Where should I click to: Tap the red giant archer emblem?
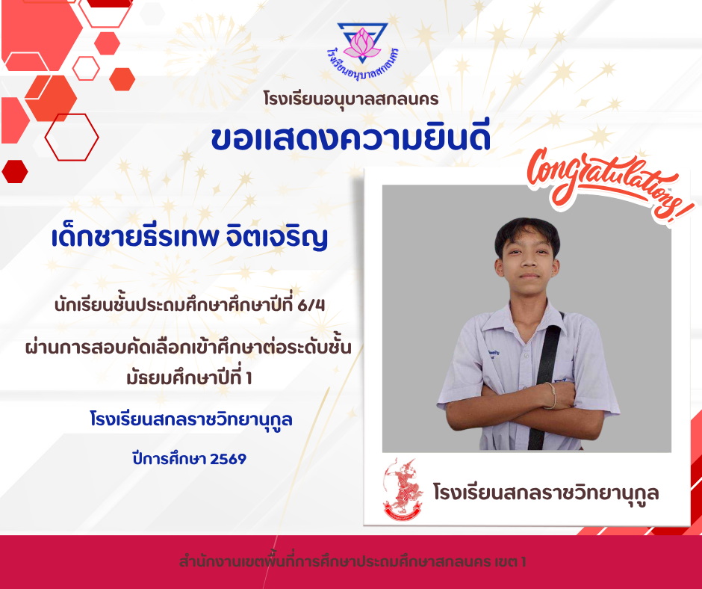tap(403, 490)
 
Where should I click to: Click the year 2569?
tap(228, 459)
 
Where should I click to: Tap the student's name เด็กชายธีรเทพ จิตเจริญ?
tap(190, 237)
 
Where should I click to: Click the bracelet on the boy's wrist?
tap(552, 395)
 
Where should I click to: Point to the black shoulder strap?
tap(545, 381)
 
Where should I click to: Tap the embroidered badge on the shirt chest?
tap(493, 355)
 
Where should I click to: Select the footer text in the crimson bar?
tap(352, 561)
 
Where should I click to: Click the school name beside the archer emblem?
tap(546, 493)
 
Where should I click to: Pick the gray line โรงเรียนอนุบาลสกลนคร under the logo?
tap(351, 99)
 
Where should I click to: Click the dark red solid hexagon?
tap(15, 171)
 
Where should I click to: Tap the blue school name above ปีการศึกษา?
tap(191, 419)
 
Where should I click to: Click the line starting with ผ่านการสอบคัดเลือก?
tap(188, 348)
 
